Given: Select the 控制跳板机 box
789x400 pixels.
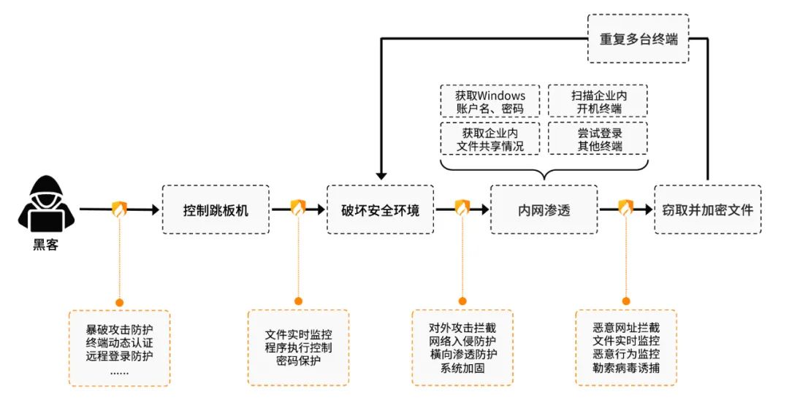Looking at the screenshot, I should (x=216, y=210).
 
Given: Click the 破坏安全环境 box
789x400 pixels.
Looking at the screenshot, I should (x=380, y=210).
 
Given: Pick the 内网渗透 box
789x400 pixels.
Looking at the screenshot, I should (x=544, y=210).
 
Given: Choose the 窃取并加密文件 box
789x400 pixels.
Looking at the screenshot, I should (x=707, y=210).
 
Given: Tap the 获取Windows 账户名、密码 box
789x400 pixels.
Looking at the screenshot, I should (x=489, y=102).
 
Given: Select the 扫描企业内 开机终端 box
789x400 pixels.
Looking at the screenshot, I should (x=598, y=102).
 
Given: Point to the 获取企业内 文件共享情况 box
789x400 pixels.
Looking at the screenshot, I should (x=489, y=139).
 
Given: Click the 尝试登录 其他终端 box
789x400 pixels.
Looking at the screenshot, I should (x=598, y=139).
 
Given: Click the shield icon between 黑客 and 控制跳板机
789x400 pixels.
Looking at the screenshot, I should (x=119, y=209).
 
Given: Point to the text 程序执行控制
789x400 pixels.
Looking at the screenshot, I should (x=298, y=347).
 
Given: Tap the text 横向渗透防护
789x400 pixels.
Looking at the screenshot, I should (x=462, y=355).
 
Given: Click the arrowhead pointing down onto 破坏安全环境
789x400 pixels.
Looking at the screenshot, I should (x=380, y=176).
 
